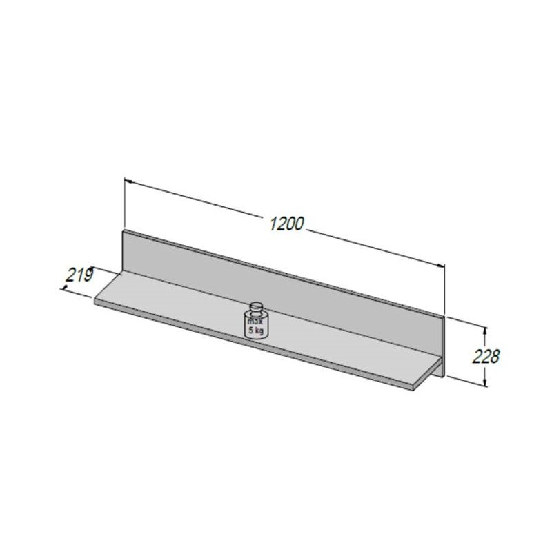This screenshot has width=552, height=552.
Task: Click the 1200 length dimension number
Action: pos(286,224)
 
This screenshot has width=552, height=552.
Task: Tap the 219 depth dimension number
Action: pos(80,275)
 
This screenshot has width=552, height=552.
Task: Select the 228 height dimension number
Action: pos(486,356)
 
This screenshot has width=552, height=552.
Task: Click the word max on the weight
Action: pos(255,322)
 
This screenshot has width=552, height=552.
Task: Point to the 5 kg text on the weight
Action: pos(256,331)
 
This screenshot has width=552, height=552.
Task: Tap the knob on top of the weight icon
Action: pos(257,306)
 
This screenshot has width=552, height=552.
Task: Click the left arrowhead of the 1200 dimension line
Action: pos(128,181)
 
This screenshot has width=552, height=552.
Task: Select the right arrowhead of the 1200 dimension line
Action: pos(440,265)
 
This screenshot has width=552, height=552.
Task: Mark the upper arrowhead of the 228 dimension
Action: pos(485,332)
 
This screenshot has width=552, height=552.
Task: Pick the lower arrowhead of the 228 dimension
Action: pos(485,382)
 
